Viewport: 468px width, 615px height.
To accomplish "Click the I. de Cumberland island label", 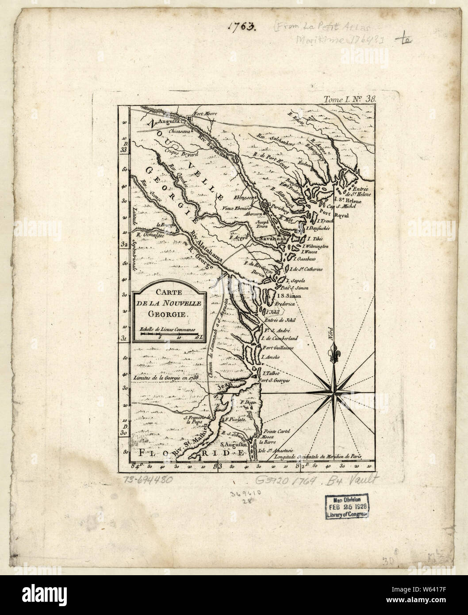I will (x=280, y=338).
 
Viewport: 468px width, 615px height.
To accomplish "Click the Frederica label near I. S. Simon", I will (x=287, y=304).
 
